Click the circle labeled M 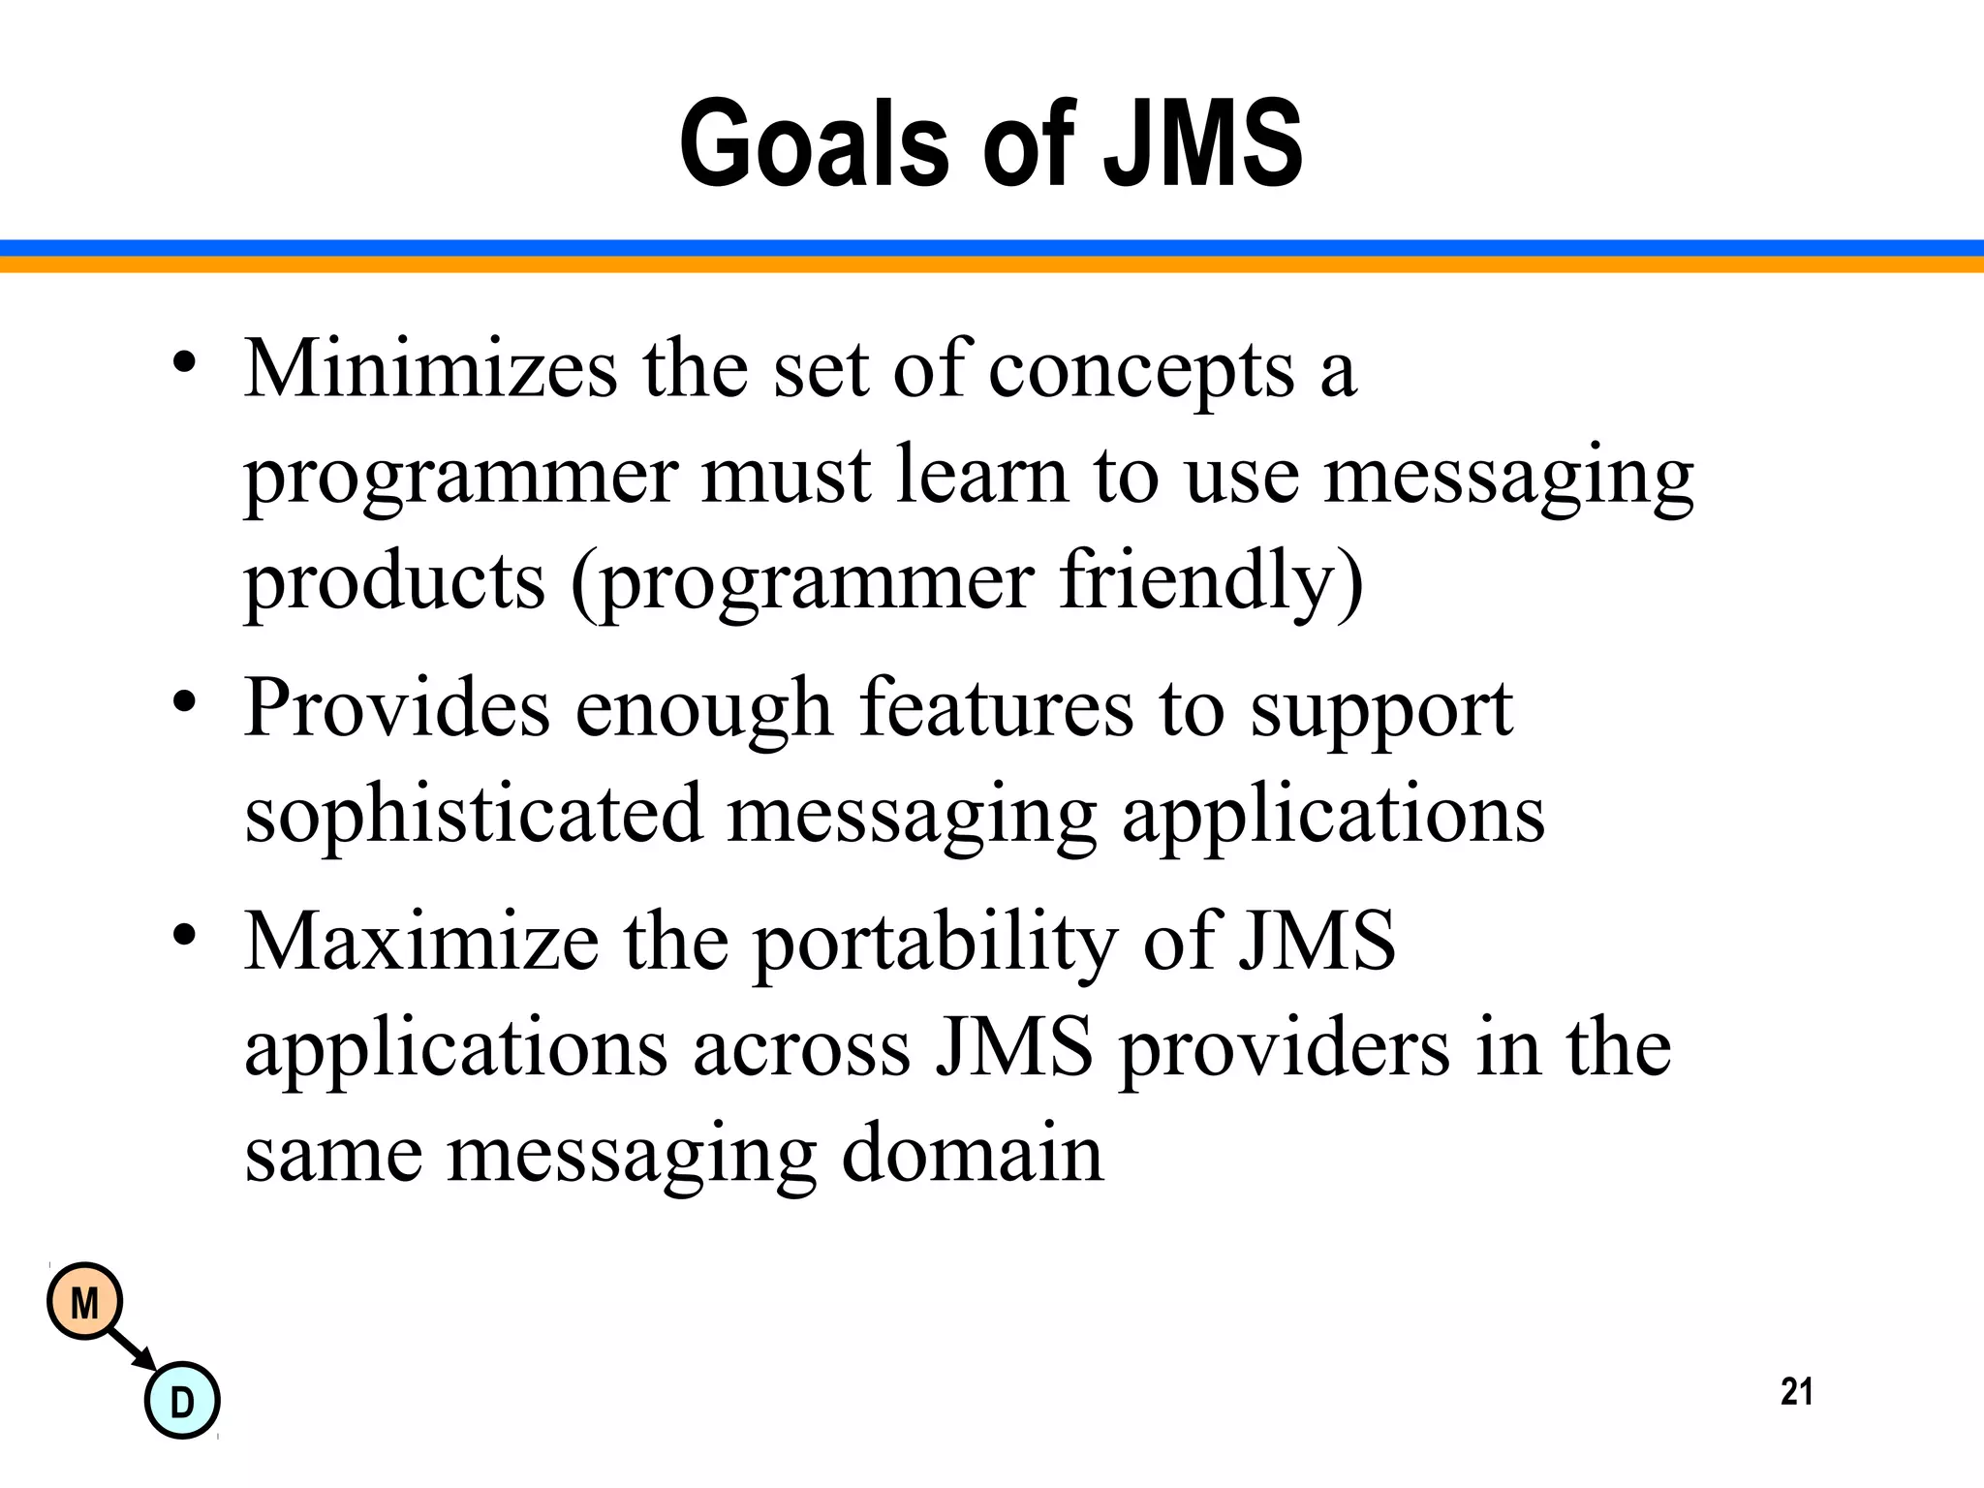85,1302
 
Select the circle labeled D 182,1401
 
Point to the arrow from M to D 132,1348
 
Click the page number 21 1796,1391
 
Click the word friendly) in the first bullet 1211,581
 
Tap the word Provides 397,707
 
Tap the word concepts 1141,372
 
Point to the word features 996,707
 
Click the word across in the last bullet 801,1048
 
